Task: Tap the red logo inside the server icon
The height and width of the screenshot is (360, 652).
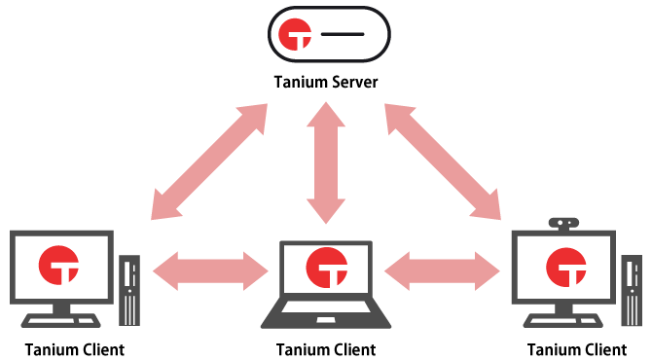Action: point(293,35)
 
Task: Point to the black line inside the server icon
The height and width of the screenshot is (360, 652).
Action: point(342,35)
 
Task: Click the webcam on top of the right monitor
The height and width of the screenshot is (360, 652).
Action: point(565,223)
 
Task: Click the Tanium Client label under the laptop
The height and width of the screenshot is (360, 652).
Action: point(326,349)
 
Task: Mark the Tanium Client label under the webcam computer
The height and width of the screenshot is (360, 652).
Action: point(577,349)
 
